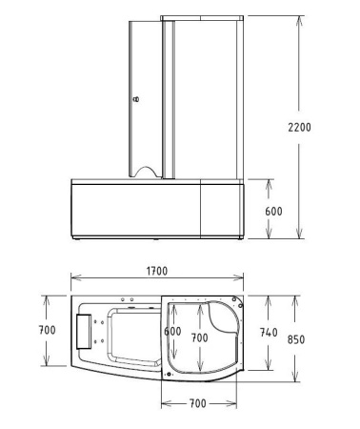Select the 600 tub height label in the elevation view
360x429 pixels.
[274, 211]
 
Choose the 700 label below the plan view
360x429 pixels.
[198, 404]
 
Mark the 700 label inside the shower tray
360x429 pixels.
[199, 337]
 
